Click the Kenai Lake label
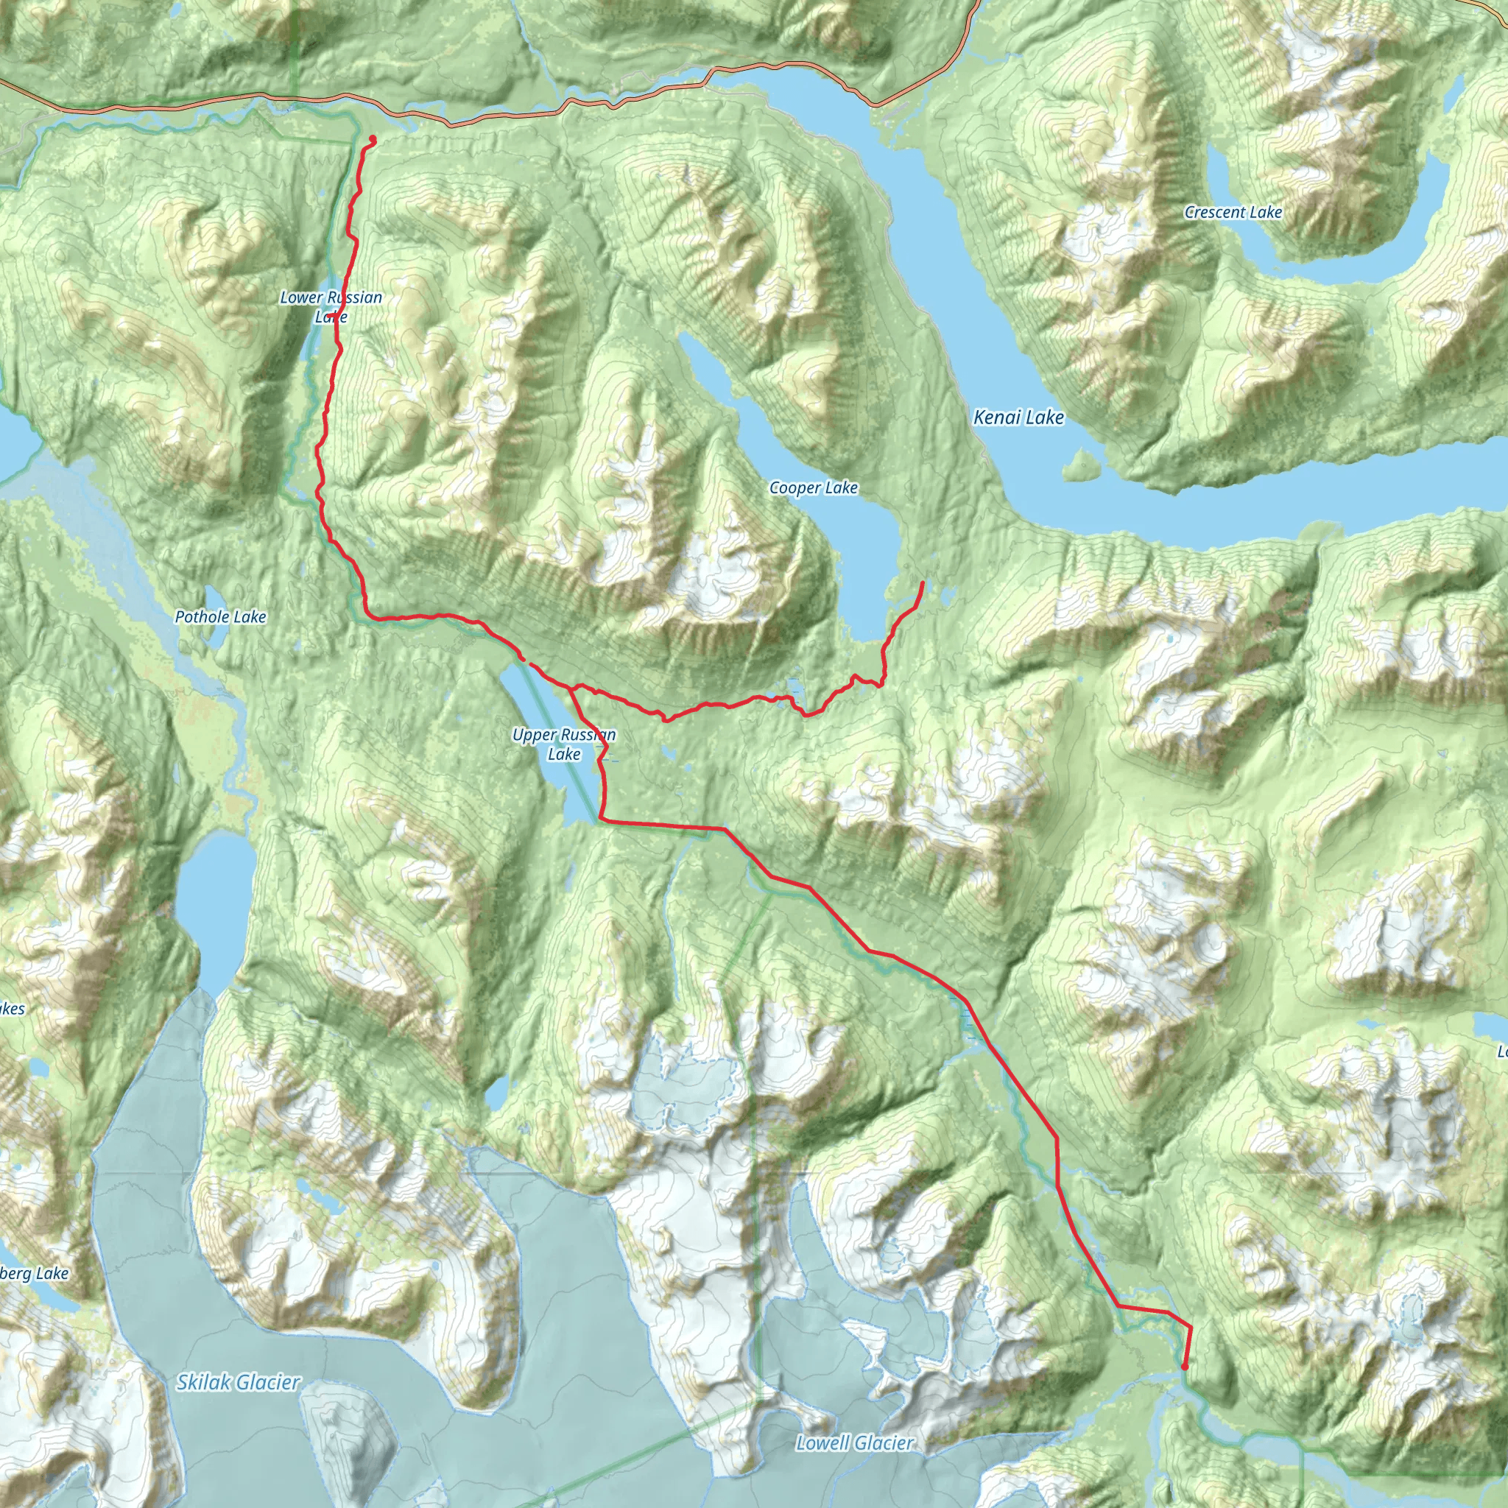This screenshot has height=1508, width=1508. pos(1018,417)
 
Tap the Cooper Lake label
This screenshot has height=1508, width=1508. pos(814,488)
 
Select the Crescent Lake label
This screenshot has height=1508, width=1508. pos(1233,212)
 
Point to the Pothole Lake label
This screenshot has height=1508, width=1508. pos(220,616)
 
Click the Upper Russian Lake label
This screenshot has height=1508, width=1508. pos(563,744)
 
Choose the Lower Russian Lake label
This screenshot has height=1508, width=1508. pos(331,307)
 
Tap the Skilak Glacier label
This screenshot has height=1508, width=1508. pos(238,1382)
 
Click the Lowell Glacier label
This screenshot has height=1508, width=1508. pos(854,1442)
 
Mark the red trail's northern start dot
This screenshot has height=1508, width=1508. pos(372,140)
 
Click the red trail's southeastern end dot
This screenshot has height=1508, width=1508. pos(1185,1367)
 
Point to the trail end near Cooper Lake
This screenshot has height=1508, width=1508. pos(923,582)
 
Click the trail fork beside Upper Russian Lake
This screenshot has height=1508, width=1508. pos(571,688)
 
